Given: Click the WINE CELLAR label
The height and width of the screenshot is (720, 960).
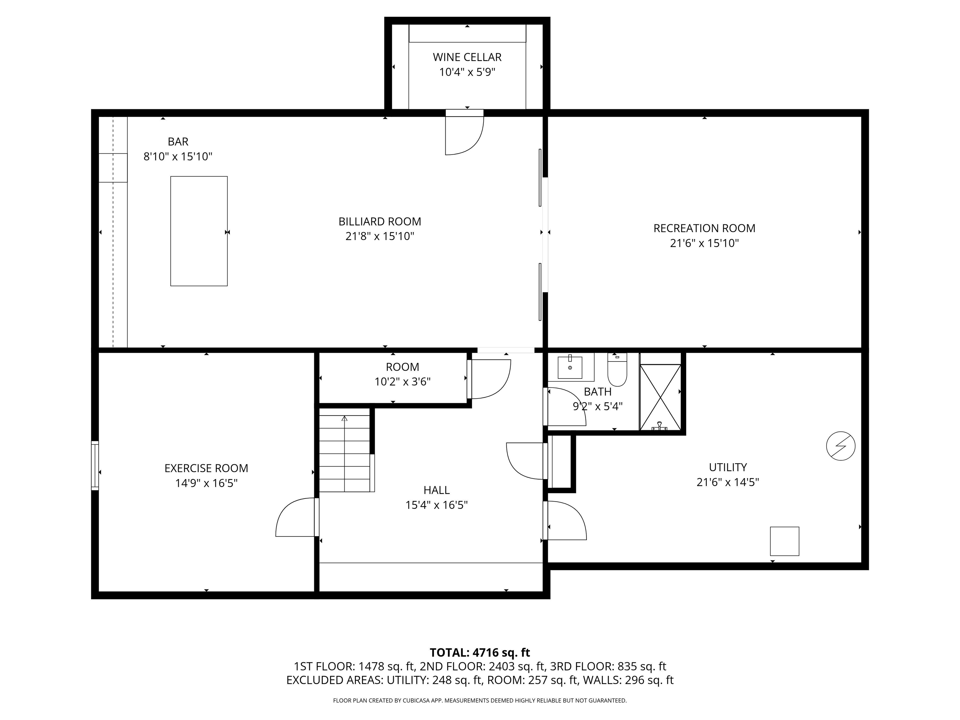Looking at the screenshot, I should [467, 57].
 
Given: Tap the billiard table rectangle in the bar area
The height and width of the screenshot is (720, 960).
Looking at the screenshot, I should [199, 231].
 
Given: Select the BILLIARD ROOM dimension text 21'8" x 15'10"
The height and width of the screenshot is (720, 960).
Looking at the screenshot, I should [380, 236].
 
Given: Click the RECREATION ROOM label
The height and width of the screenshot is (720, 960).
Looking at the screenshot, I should [704, 228].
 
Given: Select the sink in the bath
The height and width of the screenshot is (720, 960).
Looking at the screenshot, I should [569, 367].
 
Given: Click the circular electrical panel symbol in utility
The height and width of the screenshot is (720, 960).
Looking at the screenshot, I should [840, 446].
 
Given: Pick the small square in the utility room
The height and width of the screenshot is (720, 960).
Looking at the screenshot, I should [784, 541].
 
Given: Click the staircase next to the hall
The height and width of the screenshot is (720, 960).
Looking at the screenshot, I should [345, 453].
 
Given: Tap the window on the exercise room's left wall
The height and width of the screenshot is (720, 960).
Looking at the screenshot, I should [95, 466].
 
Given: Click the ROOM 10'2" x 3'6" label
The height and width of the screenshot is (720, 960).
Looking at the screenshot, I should [402, 367].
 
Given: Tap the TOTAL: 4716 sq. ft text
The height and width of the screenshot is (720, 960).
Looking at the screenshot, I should [480, 652].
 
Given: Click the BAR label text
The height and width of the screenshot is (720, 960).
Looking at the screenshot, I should [178, 142].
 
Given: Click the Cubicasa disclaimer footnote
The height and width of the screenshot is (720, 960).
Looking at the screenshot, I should [480, 700].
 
